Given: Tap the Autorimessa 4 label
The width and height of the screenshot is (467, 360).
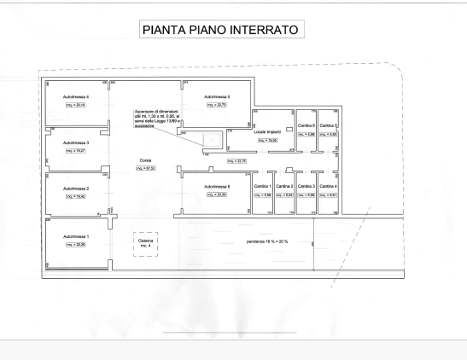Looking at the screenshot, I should [76, 97].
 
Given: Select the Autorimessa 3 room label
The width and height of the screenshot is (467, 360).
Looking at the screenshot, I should [76, 142].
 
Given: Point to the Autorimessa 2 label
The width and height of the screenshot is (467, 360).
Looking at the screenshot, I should [76, 188].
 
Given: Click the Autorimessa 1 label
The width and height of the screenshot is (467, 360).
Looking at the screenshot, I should [76, 235].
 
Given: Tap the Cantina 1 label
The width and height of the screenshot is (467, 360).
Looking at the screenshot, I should [264, 186].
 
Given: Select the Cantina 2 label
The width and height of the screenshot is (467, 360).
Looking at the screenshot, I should [285, 186].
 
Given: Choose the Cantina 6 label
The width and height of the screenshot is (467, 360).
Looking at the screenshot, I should [306, 125].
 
